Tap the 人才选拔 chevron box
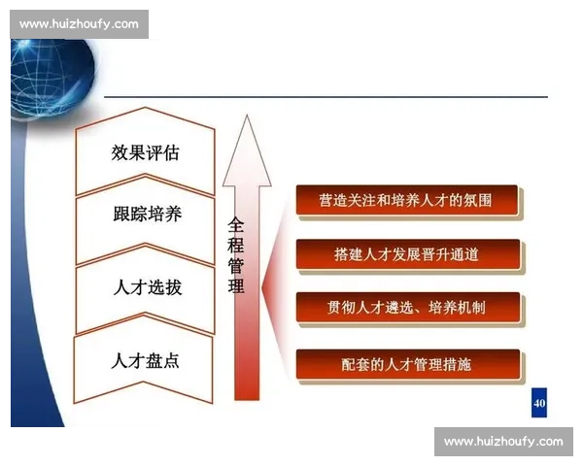pos(145,288)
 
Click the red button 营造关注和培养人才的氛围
pos(406,201)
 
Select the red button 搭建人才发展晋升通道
pos(406,254)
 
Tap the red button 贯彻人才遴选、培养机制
pos(406,309)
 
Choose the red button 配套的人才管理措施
pos(406,364)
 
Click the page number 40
pos(539,402)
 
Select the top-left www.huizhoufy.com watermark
pos(79,23)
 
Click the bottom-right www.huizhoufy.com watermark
pos(503,442)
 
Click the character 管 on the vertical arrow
pos(236,265)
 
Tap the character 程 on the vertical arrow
pos(236,245)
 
